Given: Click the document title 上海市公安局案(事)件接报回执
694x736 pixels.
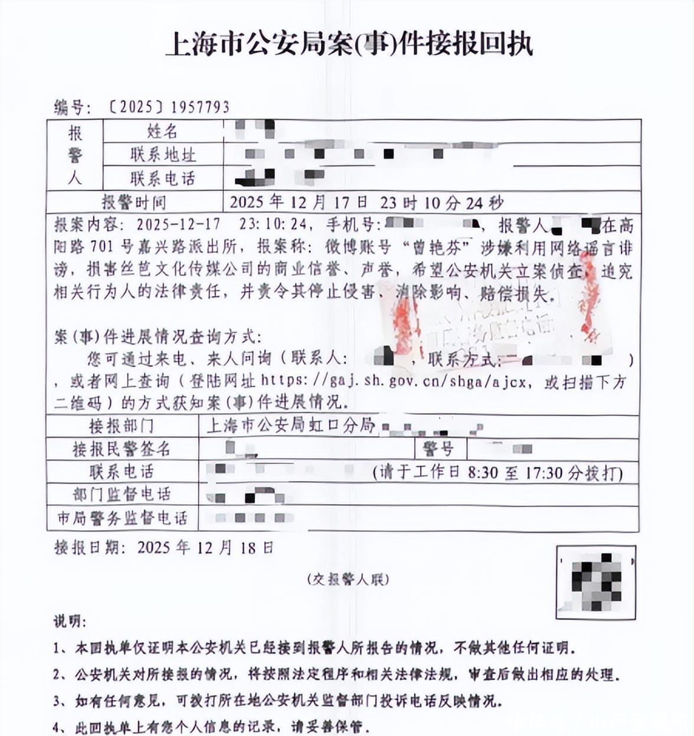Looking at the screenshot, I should (x=349, y=44).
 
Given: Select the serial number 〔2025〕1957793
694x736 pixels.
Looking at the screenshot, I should (x=169, y=107).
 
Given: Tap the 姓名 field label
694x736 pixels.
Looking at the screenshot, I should (x=162, y=131).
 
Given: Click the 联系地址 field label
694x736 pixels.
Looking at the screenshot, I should (x=163, y=155).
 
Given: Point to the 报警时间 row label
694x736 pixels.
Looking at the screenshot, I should (x=134, y=202).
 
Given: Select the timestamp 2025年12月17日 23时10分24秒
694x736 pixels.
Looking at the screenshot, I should (x=366, y=202).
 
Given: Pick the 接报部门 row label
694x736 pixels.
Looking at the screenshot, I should (x=122, y=426).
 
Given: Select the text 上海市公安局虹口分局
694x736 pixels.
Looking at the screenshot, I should (x=291, y=425).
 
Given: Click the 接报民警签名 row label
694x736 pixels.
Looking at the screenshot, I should (x=122, y=449).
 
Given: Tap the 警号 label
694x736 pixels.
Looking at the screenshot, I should (x=438, y=449).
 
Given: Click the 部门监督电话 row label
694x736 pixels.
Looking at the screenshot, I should (x=122, y=495).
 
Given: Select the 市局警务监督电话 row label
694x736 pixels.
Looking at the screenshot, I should (x=122, y=518).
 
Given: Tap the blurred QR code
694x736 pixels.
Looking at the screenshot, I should (x=596, y=582).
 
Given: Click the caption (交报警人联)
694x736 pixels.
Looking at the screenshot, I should (x=348, y=580).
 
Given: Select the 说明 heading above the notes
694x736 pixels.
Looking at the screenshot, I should (x=70, y=621).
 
